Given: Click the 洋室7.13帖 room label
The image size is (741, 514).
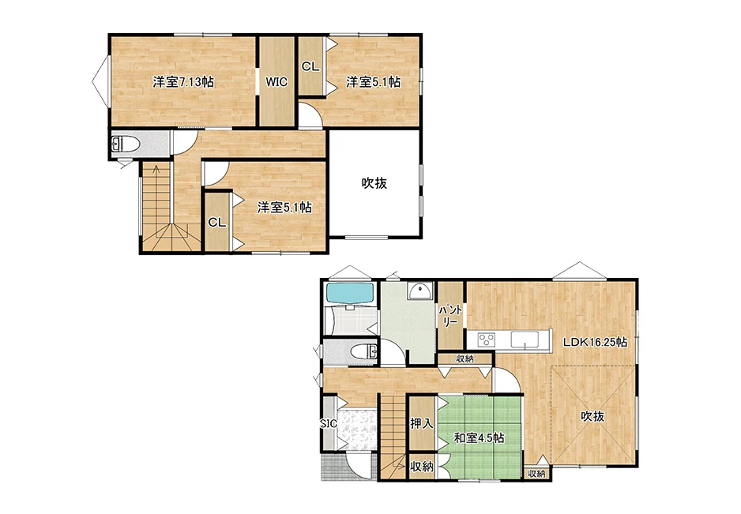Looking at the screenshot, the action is [183, 82].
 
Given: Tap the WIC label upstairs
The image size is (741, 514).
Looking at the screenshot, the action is [276, 82].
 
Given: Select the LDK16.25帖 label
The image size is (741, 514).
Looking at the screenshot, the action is [595, 342].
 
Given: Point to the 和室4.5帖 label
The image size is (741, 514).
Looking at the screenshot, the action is [479, 438].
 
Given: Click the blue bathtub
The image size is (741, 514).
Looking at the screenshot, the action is [350, 295].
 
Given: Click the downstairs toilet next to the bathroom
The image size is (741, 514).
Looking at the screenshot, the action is [364, 351].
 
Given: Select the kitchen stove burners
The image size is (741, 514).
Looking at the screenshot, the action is [487, 340].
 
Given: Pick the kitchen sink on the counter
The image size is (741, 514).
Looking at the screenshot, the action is [525, 340].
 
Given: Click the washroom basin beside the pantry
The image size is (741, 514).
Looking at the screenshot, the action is [419, 291].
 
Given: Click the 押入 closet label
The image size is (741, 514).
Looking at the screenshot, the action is [422, 423].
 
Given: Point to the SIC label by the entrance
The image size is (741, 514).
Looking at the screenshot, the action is [329, 424].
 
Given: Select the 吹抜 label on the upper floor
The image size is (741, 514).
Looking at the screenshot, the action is [374, 183].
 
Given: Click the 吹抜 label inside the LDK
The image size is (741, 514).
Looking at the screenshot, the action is [592, 416].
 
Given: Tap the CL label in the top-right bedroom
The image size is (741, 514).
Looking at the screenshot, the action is [310, 66].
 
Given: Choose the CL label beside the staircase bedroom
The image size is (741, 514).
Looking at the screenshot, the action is [217, 223].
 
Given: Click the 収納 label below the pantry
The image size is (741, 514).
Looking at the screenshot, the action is [465, 359].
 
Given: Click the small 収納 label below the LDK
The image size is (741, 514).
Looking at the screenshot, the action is [537, 474].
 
